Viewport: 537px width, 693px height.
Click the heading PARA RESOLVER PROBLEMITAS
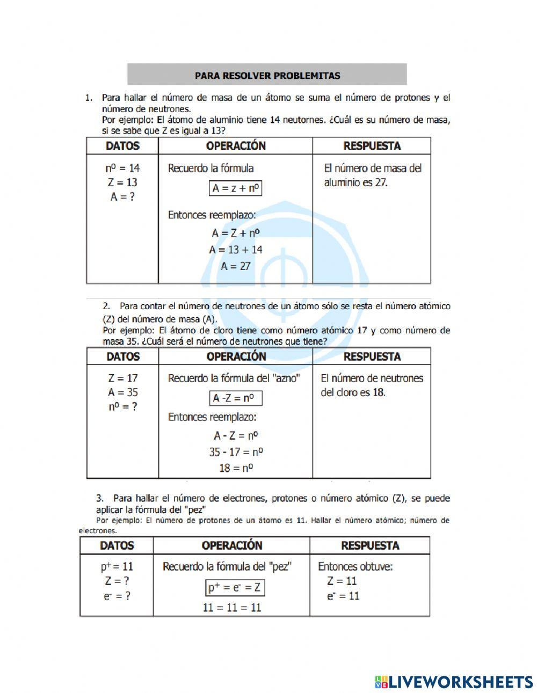click(x=267, y=76)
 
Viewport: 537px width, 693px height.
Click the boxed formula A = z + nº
click(x=235, y=188)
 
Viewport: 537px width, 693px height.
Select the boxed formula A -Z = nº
click(x=235, y=398)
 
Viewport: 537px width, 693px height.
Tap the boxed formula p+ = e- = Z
click(x=234, y=588)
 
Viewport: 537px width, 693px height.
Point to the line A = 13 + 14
click(x=236, y=250)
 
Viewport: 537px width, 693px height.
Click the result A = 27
click(x=236, y=266)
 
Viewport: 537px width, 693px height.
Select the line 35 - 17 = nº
click(x=236, y=452)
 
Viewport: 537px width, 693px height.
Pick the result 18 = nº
click(x=236, y=468)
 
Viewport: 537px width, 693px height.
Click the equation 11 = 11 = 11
click(x=232, y=608)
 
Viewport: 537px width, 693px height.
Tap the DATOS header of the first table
click(x=122, y=146)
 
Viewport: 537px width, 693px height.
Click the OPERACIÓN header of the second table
click(x=236, y=356)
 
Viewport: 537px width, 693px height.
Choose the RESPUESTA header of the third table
click(x=370, y=546)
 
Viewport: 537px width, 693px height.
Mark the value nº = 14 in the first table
click(x=122, y=169)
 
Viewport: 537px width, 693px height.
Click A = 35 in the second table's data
click(x=122, y=392)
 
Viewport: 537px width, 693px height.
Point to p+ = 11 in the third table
click(x=117, y=567)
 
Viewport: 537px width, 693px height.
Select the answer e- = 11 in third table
click(x=343, y=596)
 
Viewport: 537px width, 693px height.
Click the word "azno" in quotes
click(x=285, y=378)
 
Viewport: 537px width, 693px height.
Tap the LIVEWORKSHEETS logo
click(x=454, y=682)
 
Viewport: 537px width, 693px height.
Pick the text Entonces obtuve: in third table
click(x=355, y=567)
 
